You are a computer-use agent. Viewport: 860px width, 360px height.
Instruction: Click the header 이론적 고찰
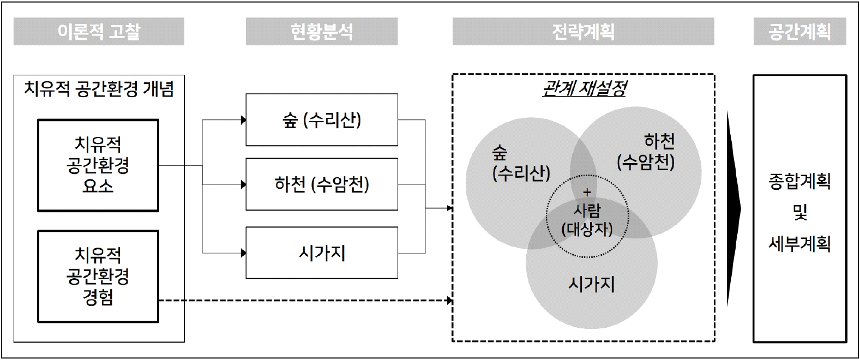(x=99, y=31)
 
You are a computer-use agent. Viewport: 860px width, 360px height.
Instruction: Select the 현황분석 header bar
(x=321, y=31)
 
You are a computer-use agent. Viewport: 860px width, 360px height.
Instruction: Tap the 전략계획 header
(x=583, y=31)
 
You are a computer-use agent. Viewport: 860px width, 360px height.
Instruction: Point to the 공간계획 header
(x=799, y=31)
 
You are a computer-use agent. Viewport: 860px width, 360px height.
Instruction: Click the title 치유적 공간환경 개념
(x=99, y=89)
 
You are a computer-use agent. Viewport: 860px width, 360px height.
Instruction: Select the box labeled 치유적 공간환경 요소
(x=98, y=165)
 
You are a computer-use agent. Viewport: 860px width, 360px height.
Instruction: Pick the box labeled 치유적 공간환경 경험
(x=98, y=276)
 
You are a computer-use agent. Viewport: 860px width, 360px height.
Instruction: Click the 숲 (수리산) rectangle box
(x=322, y=120)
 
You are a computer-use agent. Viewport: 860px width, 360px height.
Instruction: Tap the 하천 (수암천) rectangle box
(x=322, y=184)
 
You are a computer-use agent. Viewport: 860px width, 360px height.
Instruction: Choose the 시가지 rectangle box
(x=322, y=253)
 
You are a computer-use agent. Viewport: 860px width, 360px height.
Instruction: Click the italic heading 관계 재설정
(x=584, y=88)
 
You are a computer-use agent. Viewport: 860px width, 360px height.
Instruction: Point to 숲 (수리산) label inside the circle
(x=521, y=163)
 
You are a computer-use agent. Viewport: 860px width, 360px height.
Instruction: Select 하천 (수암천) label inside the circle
(x=646, y=152)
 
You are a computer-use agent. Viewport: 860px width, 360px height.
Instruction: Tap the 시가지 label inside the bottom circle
(x=591, y=284)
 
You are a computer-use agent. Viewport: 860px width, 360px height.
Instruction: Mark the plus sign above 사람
(x=587, y=192)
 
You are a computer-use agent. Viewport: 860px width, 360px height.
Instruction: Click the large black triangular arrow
(x=733, y=209)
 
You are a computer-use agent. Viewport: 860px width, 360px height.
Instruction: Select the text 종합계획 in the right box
(x=799, y=181)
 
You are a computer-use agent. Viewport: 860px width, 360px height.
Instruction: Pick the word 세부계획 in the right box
(x=799, y=243)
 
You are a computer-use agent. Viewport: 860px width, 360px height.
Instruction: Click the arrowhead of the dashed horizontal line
(x=449, y=301)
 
